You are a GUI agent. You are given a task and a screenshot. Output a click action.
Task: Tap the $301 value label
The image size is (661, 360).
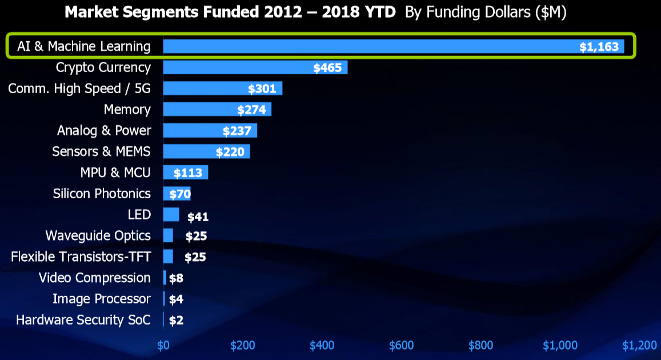[x=262, y=89]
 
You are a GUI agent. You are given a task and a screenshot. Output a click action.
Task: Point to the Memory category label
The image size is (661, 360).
[x=127, y=109]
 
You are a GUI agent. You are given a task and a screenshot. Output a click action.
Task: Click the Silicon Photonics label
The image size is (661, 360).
[x=102, y=193]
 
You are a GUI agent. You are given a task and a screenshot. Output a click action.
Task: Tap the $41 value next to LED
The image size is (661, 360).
[x=197, y=217]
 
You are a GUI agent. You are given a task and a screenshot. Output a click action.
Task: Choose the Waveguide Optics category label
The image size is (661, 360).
[x=98, y=235]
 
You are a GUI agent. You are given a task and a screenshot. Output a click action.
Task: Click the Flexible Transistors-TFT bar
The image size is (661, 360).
[x=168, y=257]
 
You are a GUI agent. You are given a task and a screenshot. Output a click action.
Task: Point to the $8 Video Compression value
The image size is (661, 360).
[x=176, y=278]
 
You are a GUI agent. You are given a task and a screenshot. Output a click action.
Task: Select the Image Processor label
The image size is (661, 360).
[x=102, y=299]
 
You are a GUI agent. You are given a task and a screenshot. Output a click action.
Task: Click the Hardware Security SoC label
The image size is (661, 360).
[x=83, y=320]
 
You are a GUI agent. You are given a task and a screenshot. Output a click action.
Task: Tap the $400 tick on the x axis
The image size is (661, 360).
[x=322, y=345]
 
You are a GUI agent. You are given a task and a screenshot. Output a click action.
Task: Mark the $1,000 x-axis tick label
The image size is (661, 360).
[x=560, y=345]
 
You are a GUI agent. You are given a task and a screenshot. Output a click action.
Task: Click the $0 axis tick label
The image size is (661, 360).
[x=163, y=345]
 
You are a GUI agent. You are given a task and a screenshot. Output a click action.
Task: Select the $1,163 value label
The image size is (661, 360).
[x=599, y=47]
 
